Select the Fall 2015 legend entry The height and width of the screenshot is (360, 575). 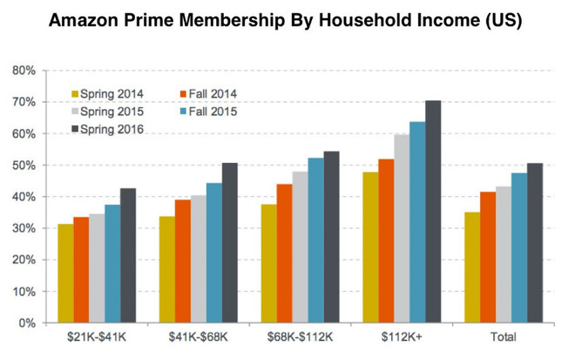(209, 112)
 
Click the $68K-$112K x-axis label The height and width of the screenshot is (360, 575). (298, 337)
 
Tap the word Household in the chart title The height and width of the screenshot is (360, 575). (371, 20)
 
